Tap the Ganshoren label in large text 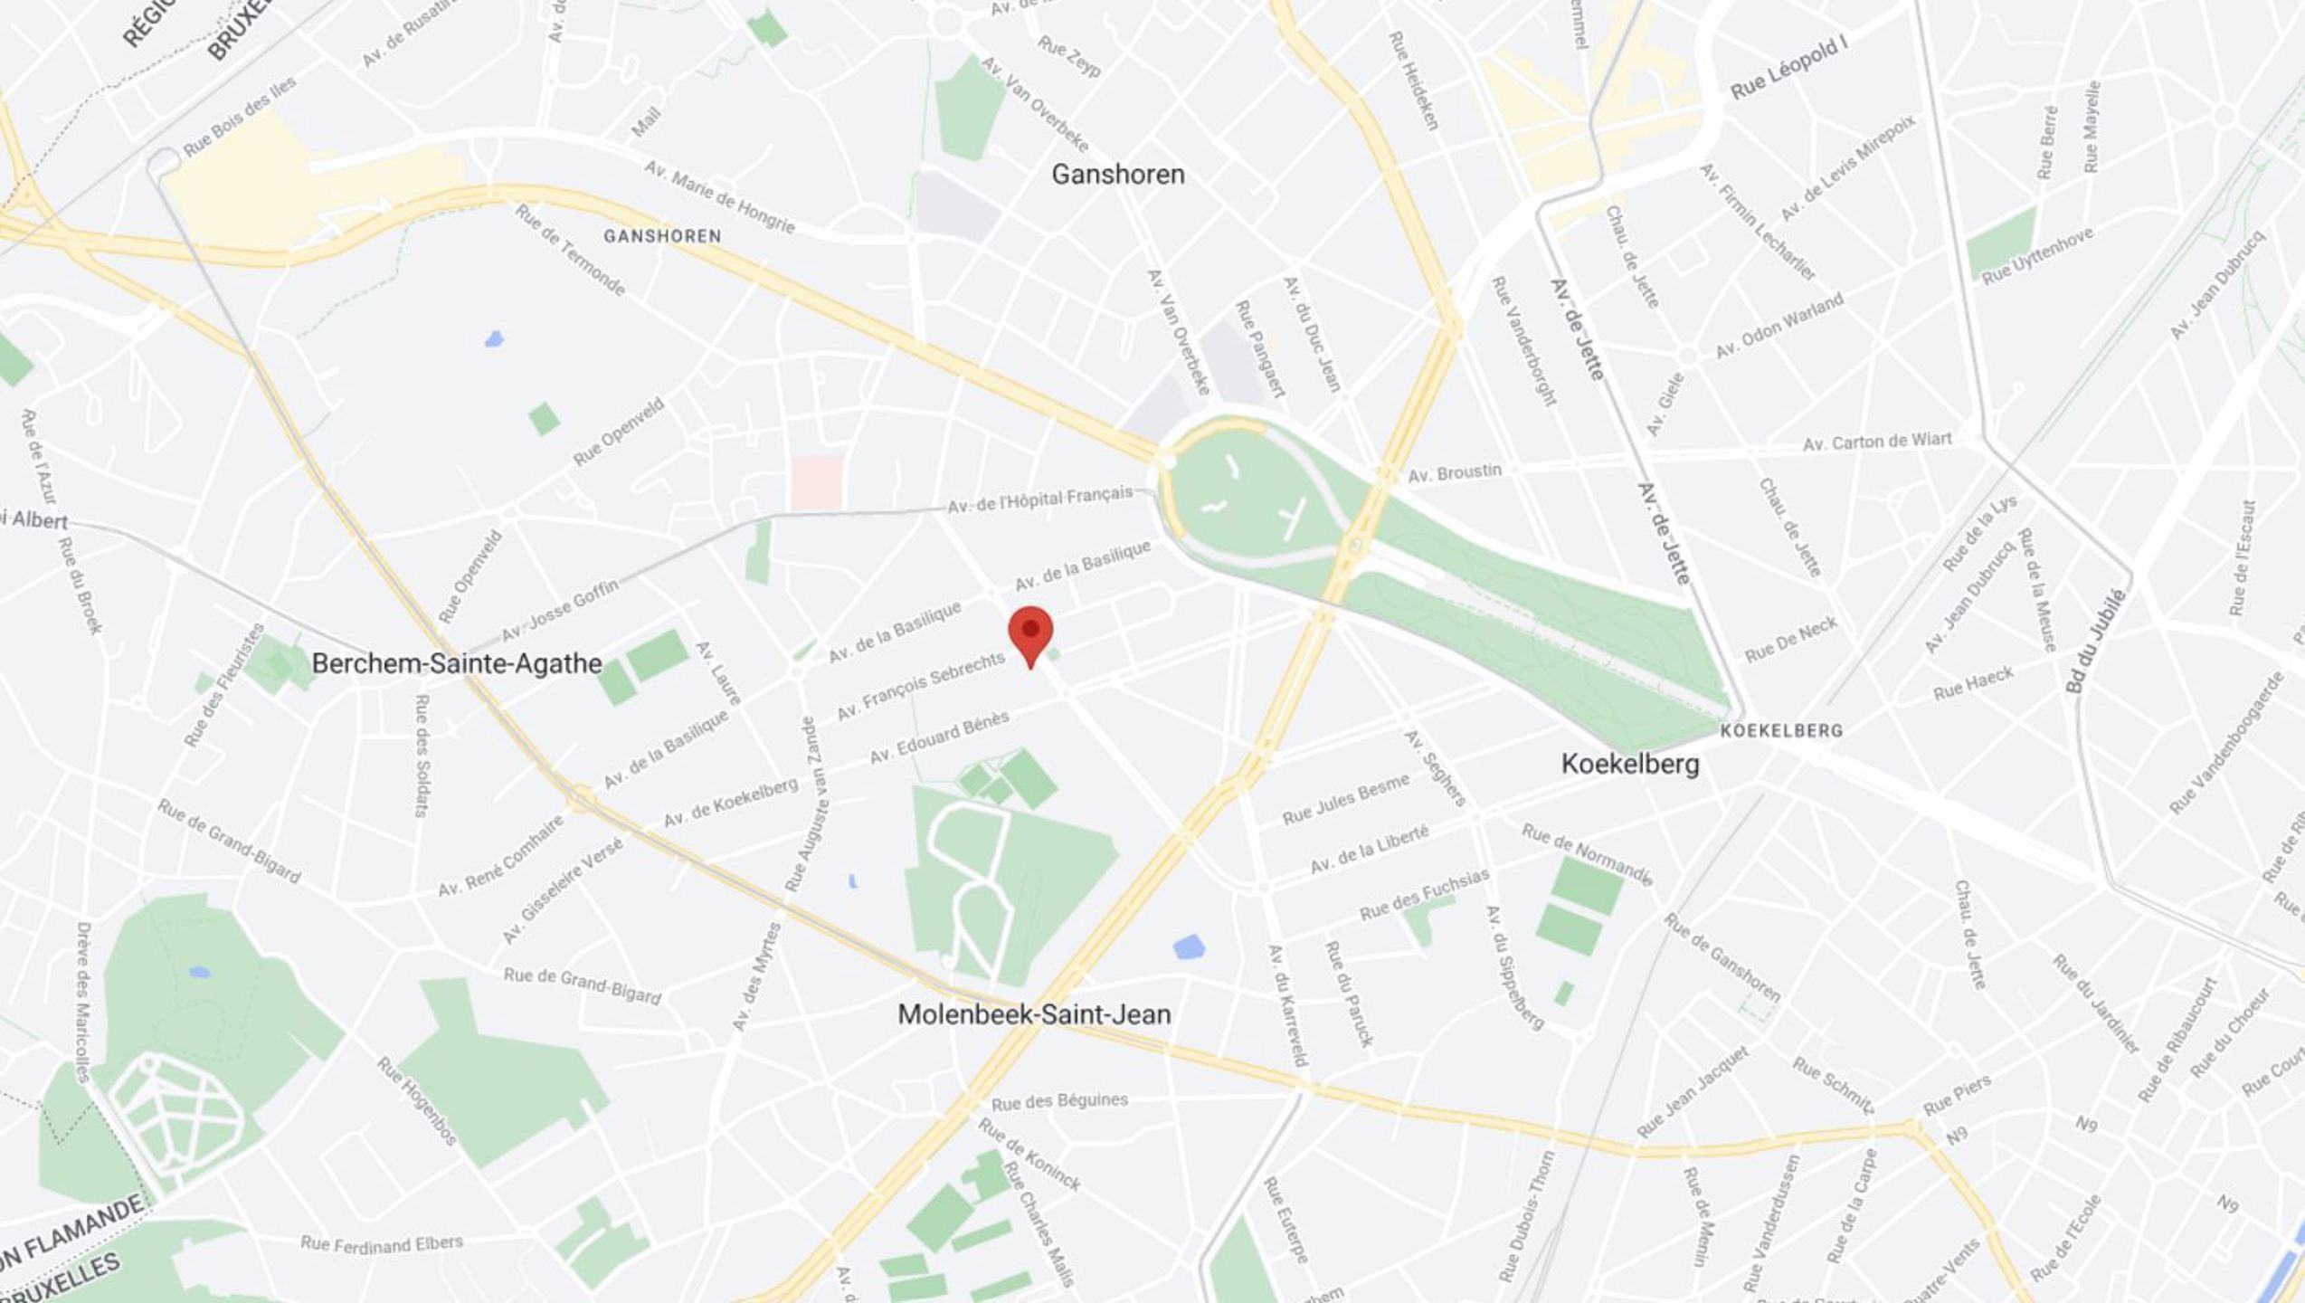tap(1117, 174)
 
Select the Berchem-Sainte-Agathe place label tap(457, 663)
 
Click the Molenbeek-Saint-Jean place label tap(1034, 1014)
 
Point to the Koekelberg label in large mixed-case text tap(1629, 764)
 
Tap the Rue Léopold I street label tap(1788, 69)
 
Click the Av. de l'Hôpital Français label tap(1039, 500)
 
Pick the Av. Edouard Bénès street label tap(939, 737)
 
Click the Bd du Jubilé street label tap(2093, 641)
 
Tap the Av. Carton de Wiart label tap(1877, 442)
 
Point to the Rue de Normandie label tap(1587, 854)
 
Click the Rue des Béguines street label tap(1059, 1101)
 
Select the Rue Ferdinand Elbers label tap(382, 1244)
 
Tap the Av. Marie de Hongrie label tap(719, 197)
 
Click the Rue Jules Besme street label tap(1345, 799)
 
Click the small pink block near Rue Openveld tap(816, 482)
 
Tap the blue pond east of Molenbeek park tap(1188, 947)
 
